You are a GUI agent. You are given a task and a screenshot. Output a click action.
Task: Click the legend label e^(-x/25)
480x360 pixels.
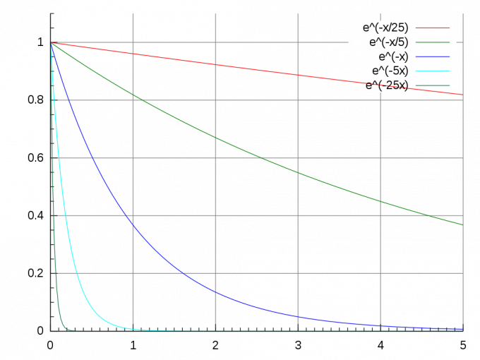[x=385, y=28]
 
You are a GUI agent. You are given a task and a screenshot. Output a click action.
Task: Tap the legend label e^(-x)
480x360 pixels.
[x=394, y=56]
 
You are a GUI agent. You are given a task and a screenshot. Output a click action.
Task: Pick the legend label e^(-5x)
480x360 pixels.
[x=390, y=71]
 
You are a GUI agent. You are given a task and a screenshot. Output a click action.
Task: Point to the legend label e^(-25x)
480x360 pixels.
[x=388, y=85]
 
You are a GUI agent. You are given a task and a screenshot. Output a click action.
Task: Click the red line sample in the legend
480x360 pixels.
[x=432, y=28]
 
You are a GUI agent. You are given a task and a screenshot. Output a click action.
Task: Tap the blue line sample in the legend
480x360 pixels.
[x=432, y=56]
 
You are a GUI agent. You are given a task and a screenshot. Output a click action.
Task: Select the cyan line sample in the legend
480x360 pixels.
[x=432, y=71]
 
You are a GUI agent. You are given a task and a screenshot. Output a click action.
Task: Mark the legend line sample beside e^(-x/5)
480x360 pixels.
[x=432, y=42]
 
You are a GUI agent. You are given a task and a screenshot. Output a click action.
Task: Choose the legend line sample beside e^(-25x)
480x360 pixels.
[x=432, y=85]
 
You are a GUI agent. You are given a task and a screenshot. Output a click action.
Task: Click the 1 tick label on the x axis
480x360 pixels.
[x=133, y=345]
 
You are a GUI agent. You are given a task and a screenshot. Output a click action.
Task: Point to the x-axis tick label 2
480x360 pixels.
[x=215, y=345]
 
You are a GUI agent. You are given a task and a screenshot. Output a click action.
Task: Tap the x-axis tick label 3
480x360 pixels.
[x=298, y=345]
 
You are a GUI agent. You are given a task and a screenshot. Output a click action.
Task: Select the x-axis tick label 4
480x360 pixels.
[x=380, y=345]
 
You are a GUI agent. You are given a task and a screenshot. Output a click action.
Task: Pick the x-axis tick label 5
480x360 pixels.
[x=463, y=345]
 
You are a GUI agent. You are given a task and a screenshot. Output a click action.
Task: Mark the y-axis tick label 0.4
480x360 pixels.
[x=35, y=215]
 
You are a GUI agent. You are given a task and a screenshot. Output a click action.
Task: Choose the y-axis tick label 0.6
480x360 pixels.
[x=35, y=157]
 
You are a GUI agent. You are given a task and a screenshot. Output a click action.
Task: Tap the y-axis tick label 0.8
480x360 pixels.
[x=35, y=100]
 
